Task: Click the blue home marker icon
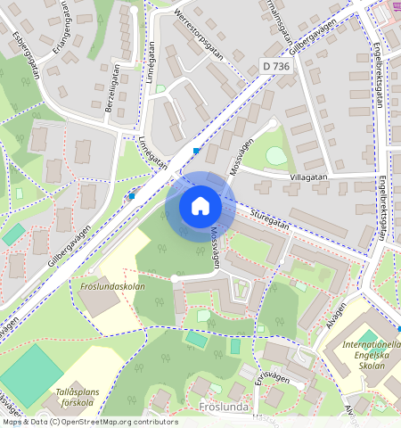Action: tap(200, 206)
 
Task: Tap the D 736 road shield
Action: tap(277, 65)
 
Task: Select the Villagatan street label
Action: tap(308, 177)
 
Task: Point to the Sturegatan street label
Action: tap(264, 219)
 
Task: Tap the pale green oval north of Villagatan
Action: tap(277, 155)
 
